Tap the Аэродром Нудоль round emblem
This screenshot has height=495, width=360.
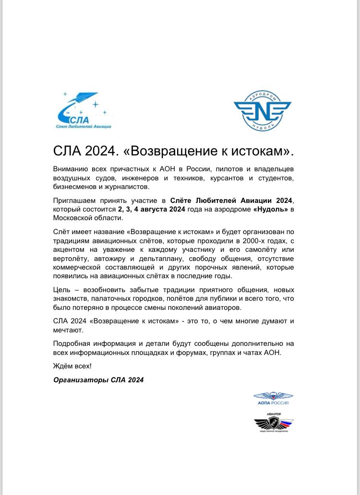pos(262,110)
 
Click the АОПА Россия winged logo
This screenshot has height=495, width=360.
pos(273,398)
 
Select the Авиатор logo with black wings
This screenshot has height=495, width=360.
pos(274,423)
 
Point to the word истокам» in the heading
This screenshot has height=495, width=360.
pos(261,151)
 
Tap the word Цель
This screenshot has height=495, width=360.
pos(62,290)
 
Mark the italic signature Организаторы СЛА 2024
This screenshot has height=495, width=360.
pos(98,380)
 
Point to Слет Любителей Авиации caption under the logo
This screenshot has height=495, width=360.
pos(82,126)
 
